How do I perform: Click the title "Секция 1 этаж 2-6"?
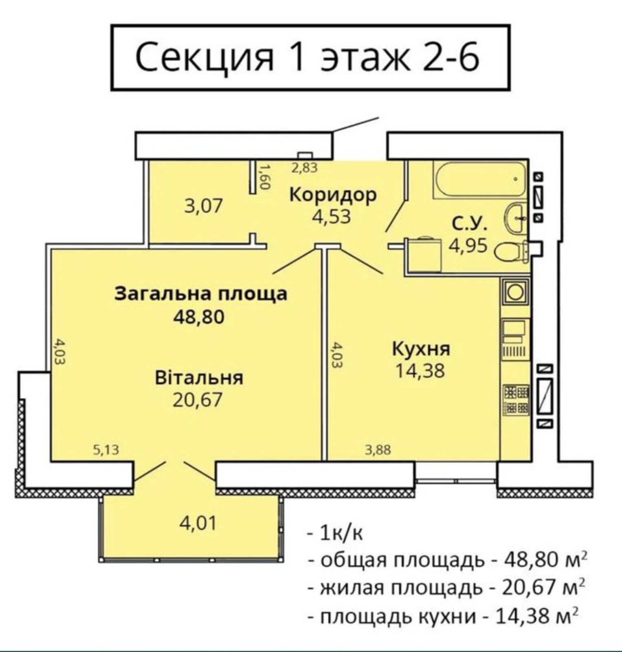307,57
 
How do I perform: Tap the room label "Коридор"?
333,195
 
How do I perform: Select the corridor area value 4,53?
331,217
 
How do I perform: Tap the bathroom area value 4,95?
468,246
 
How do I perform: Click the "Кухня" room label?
421,350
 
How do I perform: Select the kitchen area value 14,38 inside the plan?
420,371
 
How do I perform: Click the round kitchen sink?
515,292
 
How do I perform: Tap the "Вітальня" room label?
199,378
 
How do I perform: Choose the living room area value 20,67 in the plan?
198,400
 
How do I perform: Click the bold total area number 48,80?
199,317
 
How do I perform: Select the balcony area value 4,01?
198,523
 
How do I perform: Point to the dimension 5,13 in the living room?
106,450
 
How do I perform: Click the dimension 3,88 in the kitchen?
378,450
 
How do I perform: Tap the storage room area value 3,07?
204,206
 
